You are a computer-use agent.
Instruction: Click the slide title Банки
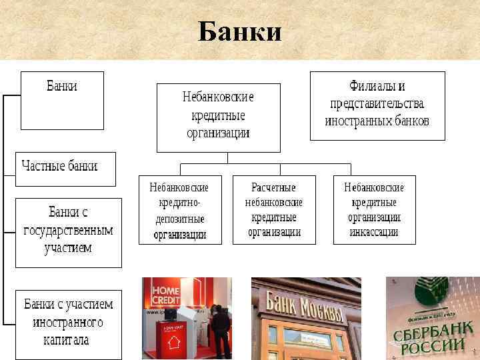tap(240, 31)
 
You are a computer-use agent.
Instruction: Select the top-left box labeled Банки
tap(62, 99)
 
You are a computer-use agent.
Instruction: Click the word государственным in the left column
tap(68, 231)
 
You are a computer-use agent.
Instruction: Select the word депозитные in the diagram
tap(179, 219)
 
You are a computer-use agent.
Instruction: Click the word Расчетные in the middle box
tap(273, 187)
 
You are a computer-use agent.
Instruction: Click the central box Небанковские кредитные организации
tap(218, 115)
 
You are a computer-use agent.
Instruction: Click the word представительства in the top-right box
tap(377, 104)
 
